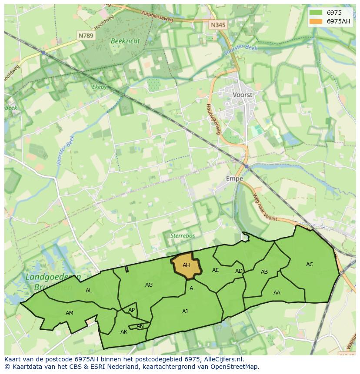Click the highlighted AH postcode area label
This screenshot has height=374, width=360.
[x=186, y=265]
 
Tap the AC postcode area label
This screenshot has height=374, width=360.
[x=310, y=264]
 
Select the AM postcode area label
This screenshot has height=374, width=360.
[x=70, y=313]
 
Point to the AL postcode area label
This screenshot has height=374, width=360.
[x=89, y=291]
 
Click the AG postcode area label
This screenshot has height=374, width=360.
[x=149, y=285]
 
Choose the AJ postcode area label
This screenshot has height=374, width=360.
[x=185, y=311]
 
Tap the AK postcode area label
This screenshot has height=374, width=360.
[x=124, y=332]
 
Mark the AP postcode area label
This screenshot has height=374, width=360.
[x=131, y=310]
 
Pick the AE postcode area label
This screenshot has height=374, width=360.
[x=215, y=270]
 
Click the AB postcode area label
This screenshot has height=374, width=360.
[x=264, y=272]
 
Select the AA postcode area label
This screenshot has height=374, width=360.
[x=277, y=292]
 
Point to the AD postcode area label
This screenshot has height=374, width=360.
[x=239, y=271]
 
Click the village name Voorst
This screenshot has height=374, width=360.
[x=243, y=94]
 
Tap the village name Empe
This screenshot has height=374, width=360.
[x=234, y=179]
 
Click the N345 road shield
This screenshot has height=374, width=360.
[x=218, y=25]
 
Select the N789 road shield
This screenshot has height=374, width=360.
[x=86, y=36]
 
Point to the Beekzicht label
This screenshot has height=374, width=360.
[x=125, y=40]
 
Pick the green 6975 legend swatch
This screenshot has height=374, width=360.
[x=316, y=13]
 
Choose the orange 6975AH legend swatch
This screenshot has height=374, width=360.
[x=316, y=21]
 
